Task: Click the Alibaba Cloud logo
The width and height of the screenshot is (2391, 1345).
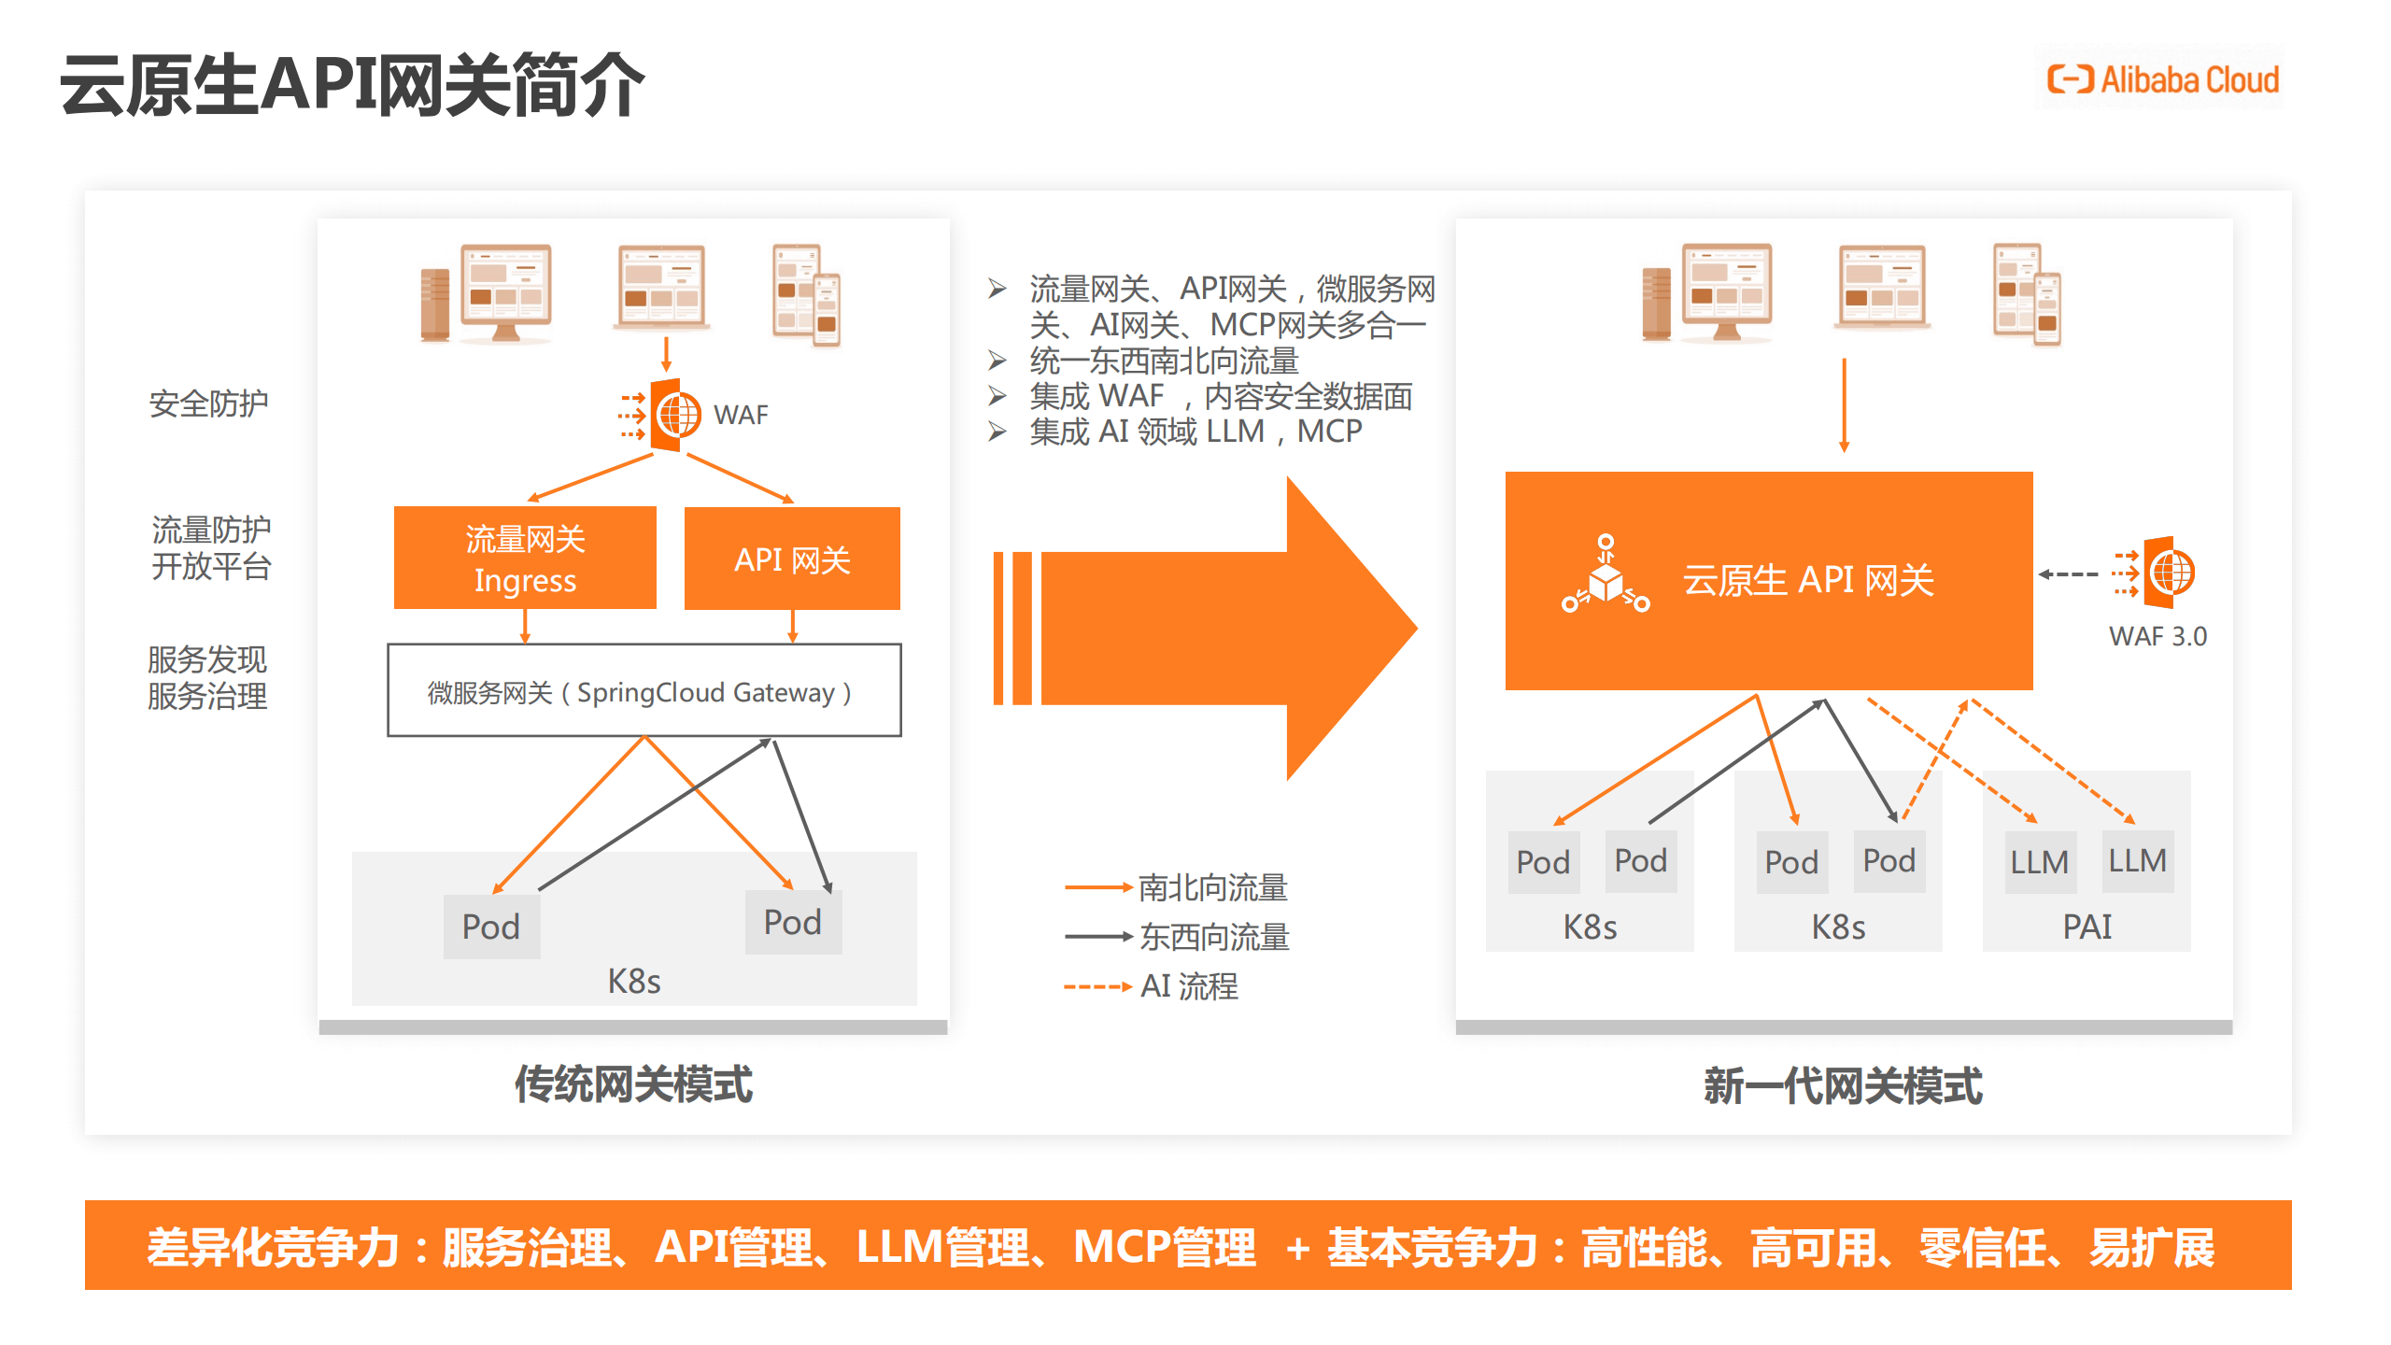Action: (x=2161, y=79)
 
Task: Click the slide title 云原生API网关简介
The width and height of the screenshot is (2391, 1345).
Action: (x=352, y=85)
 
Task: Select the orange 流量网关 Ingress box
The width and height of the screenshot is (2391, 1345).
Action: (x=525, y=559)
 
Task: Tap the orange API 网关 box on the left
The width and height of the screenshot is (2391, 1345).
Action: (x=792, y=559)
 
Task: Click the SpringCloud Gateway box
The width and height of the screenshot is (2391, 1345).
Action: (x=644, y=691)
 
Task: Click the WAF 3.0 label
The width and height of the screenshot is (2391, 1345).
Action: (x=2157, y=636)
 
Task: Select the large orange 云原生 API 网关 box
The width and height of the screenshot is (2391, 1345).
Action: (x=1768, y=580)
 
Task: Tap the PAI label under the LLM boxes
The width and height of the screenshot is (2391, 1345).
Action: (x=2087, y=927)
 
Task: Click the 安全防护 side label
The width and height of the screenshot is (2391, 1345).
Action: (x=208, y=403)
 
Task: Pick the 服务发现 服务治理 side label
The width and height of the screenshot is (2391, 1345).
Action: (x=207, y=678)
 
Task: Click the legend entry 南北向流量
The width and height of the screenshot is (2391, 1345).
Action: (x=1211, y=887)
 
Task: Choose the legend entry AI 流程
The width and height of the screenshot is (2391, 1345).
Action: (x=1188, y=986)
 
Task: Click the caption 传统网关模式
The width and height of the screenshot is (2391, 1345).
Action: (x=633, y=1084)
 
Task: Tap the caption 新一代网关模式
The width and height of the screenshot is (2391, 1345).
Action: (x=1842, y=1086)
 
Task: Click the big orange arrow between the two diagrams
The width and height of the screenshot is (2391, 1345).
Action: (x=1214, y=628)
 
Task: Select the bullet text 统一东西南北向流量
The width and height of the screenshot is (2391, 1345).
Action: (x=1163, y=361)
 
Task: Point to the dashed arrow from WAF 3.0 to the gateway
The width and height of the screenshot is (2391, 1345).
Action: (x=2068, y=574)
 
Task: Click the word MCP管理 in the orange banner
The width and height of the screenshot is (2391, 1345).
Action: (x=1164, y=1247)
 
